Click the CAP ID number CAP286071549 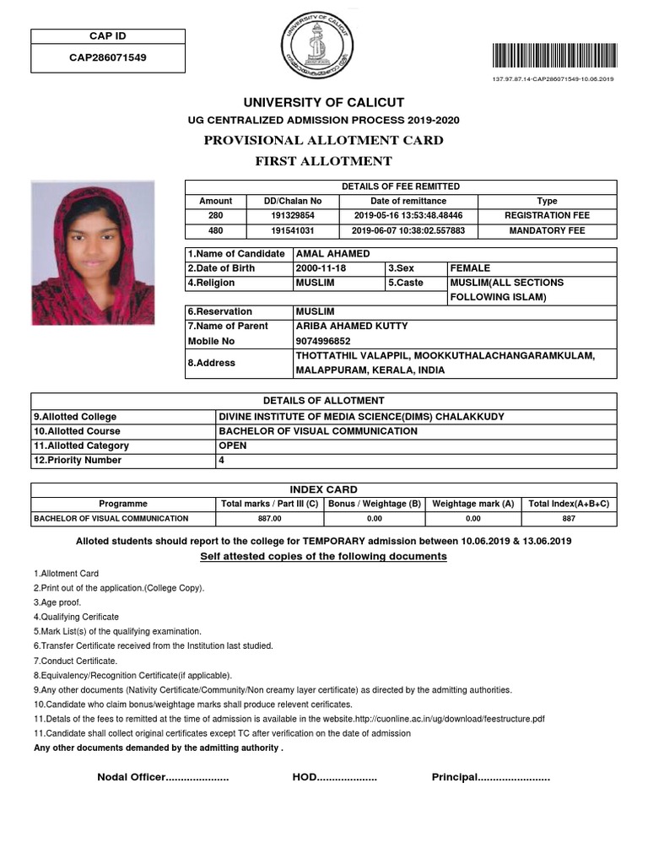pyautogui.click(x=108, y=58)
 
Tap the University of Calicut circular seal pyautogui.click(x=317, y=51)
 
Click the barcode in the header pyautogui.click(x=553, y=56)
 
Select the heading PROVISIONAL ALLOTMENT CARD pyautogui.click(x=323, y=140)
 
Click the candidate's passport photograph pyautogui.click(x=93, y=252)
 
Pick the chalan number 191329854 pyautogui.click(x=292, y=216)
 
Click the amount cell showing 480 pyautogui.click(x=215, y=230)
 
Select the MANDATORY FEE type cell pyautogui.click(x=547, y=230)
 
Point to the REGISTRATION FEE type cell pyautogui.click(x=547, y=216)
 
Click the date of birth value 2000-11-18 pyautogui.click(x=321, y=268)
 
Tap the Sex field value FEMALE pyautogui.click(x=470, y=268)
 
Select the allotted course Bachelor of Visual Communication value pyautogui.click(x=318, y=431)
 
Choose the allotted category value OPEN pyautogui.click(x=233, y=445)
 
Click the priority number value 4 pyautogui.click(x=221, y=461)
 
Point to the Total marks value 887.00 pyautogui.click(x=269, y=519)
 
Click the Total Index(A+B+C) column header pyautogui.click(x=569, y=504)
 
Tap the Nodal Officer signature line pyautogui.click(x=163, y=777)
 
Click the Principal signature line pyautogui.click(x=490, y=777)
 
